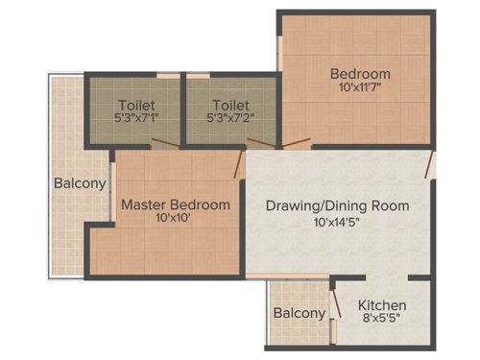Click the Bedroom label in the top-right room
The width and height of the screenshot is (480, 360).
pos(360,74)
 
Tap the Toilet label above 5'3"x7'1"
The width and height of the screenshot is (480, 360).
pos(136,105)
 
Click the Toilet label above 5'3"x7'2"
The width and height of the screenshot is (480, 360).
pos(230,105)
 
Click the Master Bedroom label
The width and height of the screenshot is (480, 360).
pos(175,204)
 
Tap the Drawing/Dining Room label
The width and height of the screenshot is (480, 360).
pos(337,205)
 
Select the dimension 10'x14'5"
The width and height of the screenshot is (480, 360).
pos(337,222)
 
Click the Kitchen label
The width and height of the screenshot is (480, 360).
pos(382,305)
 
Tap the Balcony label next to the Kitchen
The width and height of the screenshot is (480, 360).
pos(299,313)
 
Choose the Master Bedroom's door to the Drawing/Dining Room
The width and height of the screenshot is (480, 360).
pos(240,165)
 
